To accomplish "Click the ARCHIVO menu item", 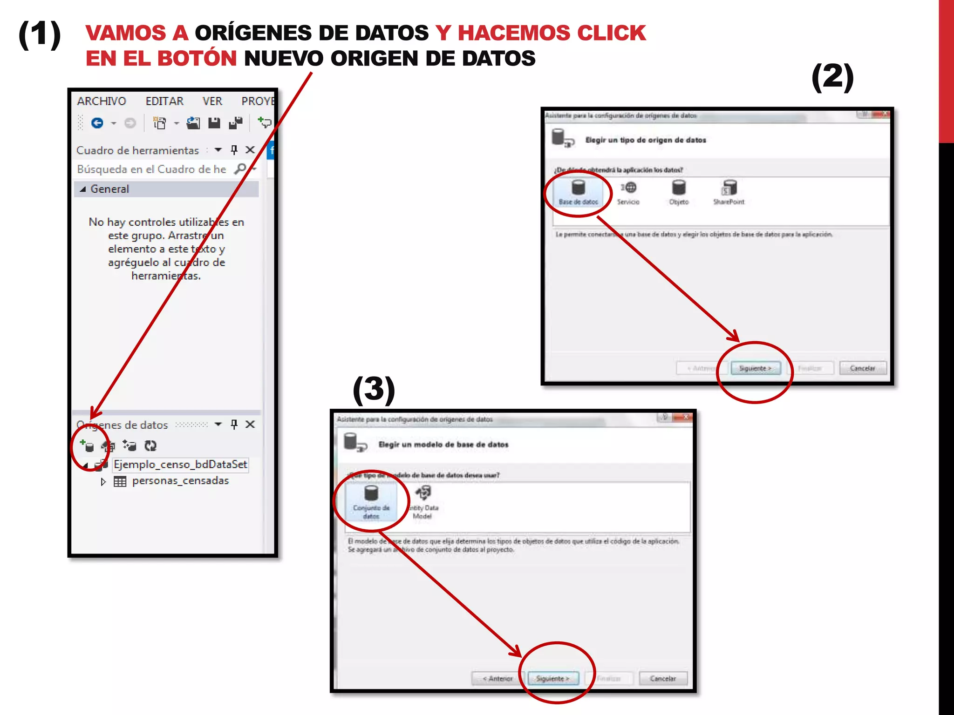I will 101,101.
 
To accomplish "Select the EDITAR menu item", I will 164,101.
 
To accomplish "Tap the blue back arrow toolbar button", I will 97,123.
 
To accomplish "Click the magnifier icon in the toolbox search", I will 240,169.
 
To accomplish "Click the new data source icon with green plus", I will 87,446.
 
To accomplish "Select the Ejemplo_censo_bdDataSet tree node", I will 180,465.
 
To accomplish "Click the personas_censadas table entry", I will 180,481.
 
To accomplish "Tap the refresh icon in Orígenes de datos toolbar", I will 150,446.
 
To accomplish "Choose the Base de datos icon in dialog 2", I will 578,192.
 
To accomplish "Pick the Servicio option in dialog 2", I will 628,192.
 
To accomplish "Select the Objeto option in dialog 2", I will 679,192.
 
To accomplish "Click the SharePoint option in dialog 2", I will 729,192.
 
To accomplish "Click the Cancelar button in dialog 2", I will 862,368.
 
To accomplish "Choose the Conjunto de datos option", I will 371,502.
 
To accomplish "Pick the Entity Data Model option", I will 424,502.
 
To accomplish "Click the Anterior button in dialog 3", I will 497,679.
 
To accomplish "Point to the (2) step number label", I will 832,77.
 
